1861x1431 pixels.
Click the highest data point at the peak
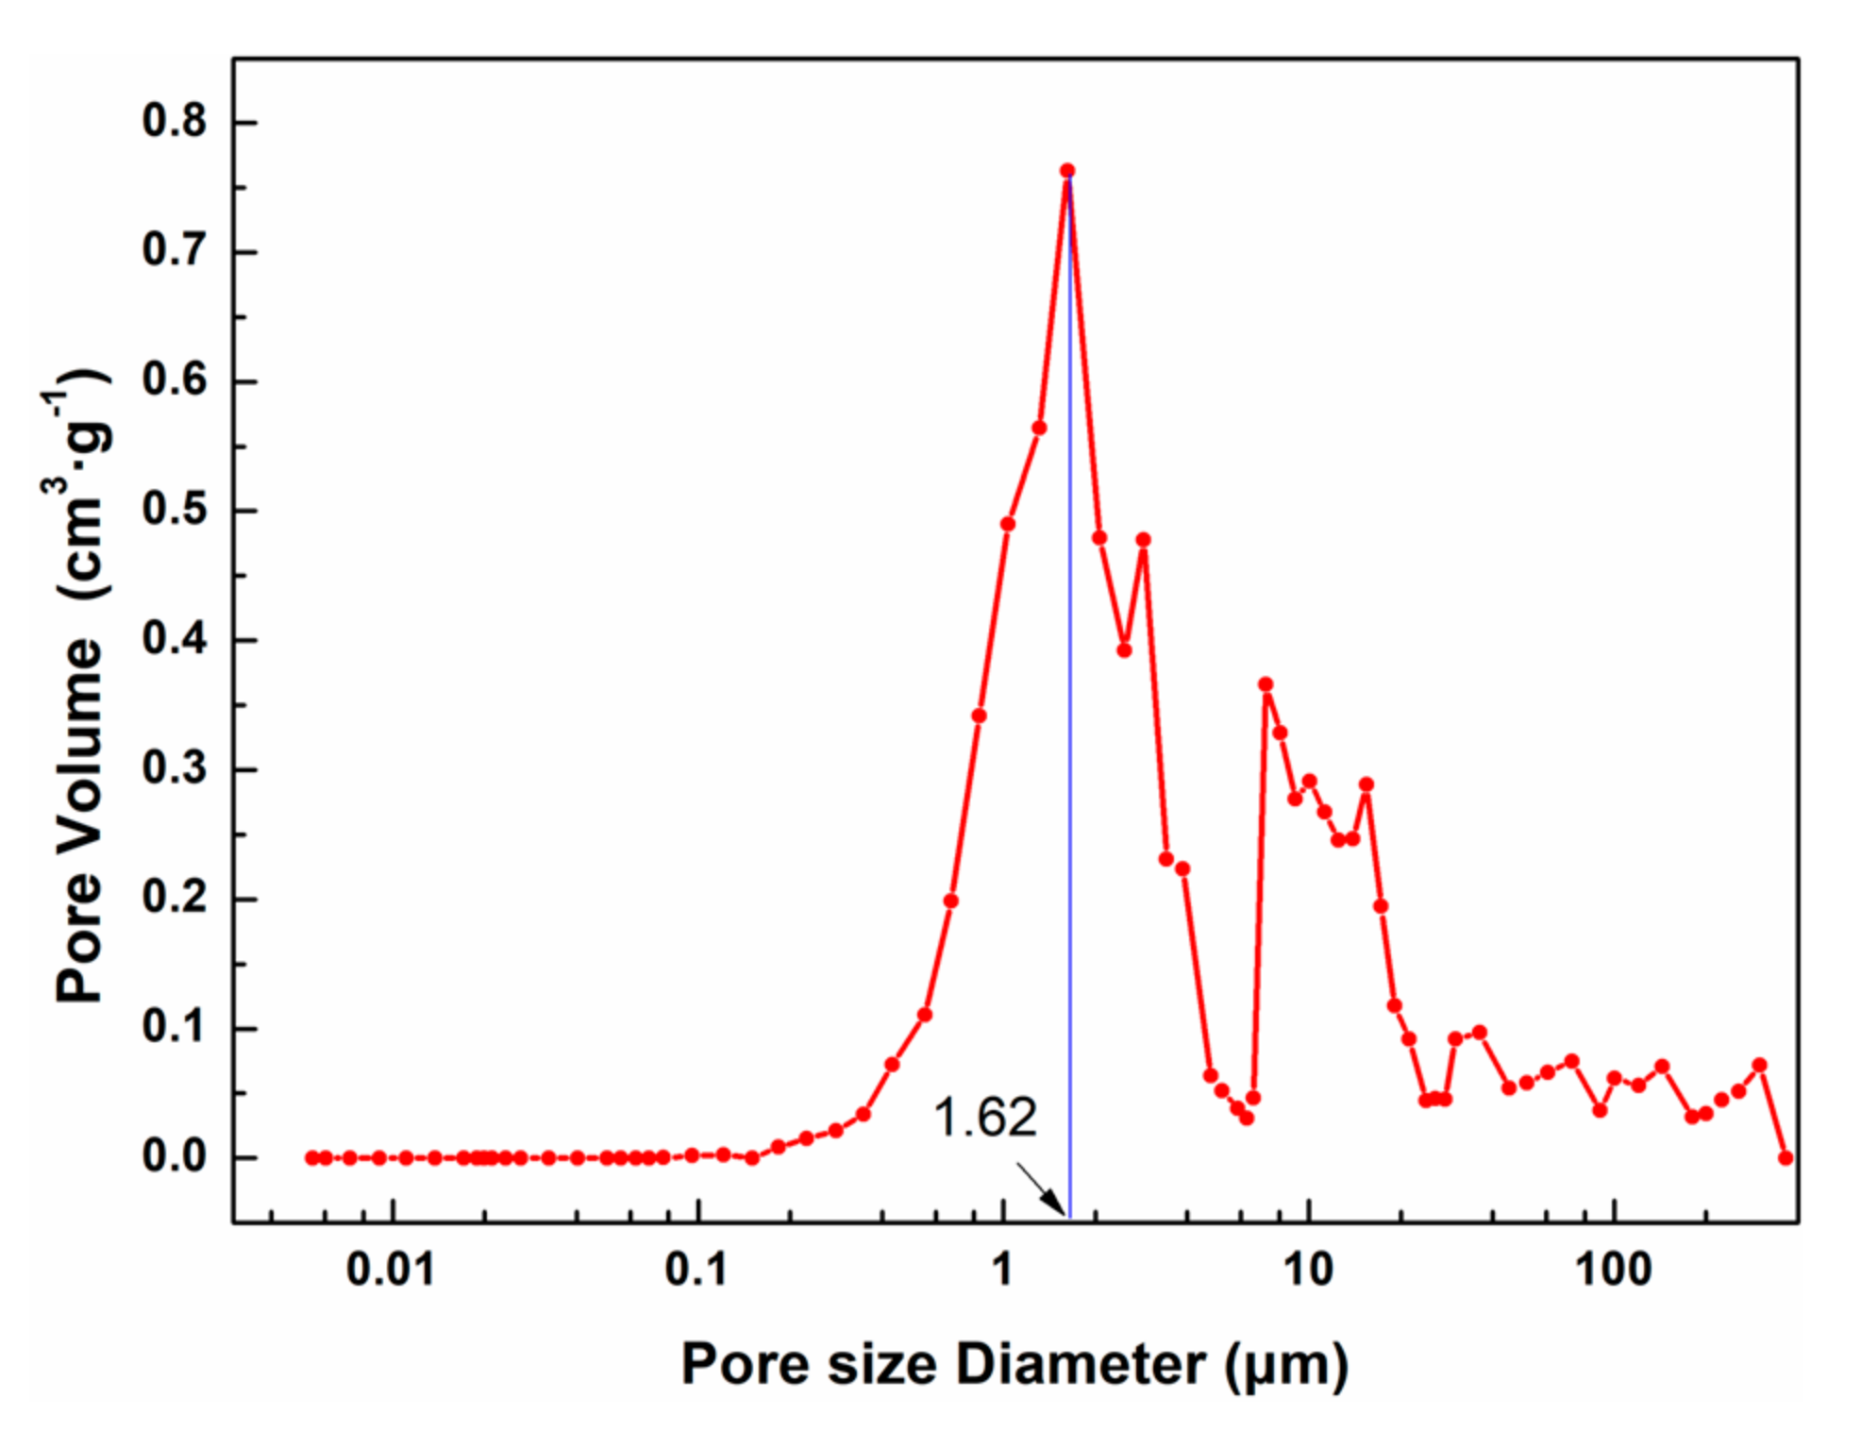click(1067, 171)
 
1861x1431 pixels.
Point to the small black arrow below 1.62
click(1041, 1189)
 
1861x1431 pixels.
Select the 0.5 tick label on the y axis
click(175, 510)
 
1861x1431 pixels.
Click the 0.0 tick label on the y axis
click(175, 1156)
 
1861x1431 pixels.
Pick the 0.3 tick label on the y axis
click(175, 768)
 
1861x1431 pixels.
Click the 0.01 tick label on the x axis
click(391, 1271)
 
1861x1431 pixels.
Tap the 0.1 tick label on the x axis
click(696, 1271)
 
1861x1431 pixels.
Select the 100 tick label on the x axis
click(1614, 1271)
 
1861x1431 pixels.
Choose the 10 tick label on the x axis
click(1308, 1271)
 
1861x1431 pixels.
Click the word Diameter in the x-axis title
click(1081, 1364)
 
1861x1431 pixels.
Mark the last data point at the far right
click(1785, 1157)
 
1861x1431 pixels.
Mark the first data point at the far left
click(312, 1157)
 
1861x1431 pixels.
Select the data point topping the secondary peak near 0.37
click(1266, 684)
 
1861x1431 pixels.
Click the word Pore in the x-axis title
click(745, 1364)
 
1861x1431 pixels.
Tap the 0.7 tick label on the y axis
click(175, 251)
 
